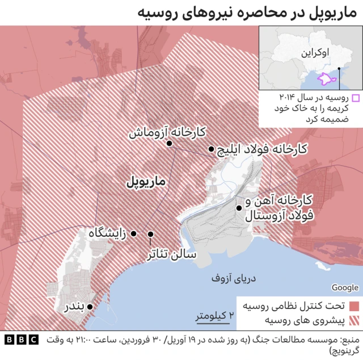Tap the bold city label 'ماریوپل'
pyautogui.click(x=145, y=182)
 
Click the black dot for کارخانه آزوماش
pyautogui.click(x=169, y=144)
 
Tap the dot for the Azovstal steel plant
pyautogui.click(x=239, y=208)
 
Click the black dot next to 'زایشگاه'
pyautogui.click(x=134, y=233)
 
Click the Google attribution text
pyautogui.click(x=345, y=288)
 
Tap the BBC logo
pyautogui.click(x=22, y=340)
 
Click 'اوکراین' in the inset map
pyautogui.click(x=314, y=54)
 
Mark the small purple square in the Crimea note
pyautogui.click(x=355, y=98)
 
